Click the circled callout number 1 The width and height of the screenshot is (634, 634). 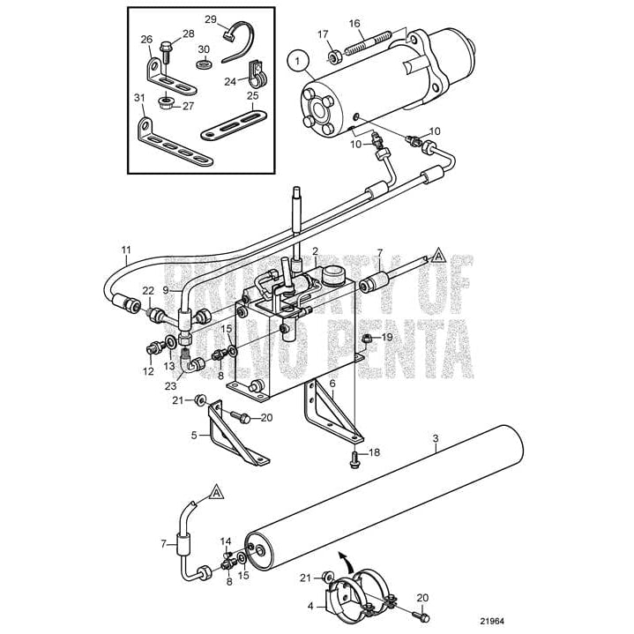tap(298, 62)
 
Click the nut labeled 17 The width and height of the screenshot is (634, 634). tap(335, 58)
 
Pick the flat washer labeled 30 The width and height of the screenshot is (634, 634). tap(204, 64)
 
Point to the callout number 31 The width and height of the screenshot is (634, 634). tap(139, 97)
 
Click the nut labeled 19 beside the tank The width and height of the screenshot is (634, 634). tap(366, 337)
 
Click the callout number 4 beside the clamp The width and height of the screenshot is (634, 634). tap(310, 606)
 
